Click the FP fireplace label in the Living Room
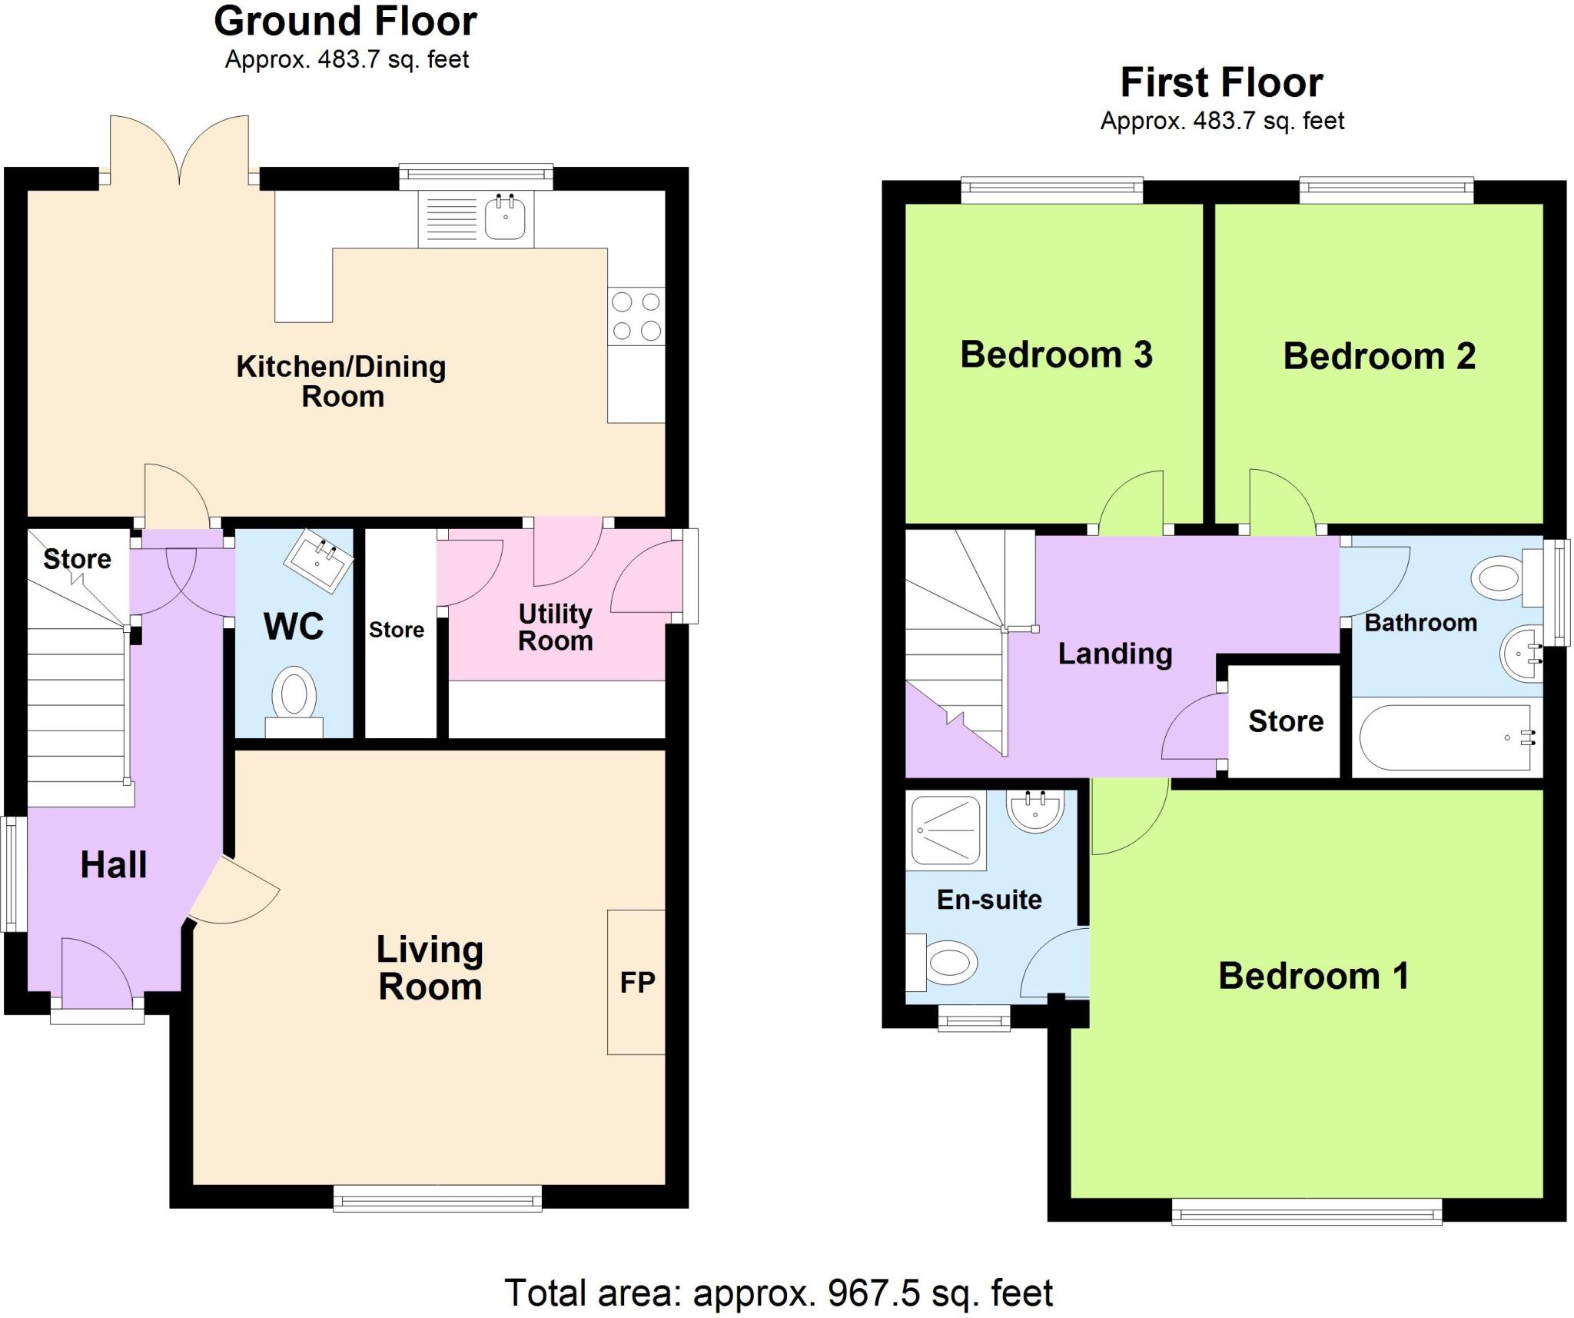(x=637, y=982)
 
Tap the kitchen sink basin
(x=505, y=218)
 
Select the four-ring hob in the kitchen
(x=636, y=315)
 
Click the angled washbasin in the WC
(x=319, y=561)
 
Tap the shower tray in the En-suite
(x=946, y=830)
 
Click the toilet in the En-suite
(x=945, y=962)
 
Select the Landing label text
(x=1115, y=654)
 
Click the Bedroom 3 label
(x=1056, y=354)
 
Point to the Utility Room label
(x=556, y=627)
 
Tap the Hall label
(x=114, y=864)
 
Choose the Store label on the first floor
(x=1286, y=721)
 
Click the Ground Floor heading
(x=345, y=22)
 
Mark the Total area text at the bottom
(x=778, y=1293)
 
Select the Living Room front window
(x=437, y=1198)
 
